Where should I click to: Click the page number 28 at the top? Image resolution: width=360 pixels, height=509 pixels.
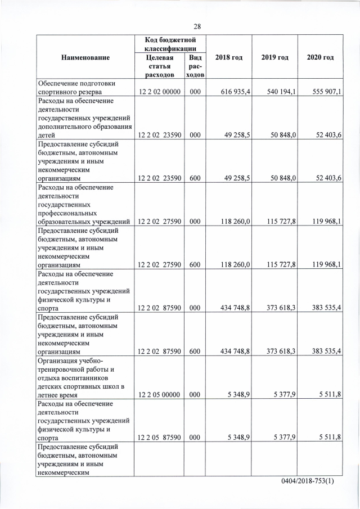pos(197,26)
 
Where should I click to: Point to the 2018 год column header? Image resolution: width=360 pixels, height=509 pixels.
pos(229,58)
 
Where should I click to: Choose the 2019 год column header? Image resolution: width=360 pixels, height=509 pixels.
pos(274,58)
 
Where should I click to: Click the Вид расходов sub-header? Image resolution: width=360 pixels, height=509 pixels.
pos(195,66)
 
